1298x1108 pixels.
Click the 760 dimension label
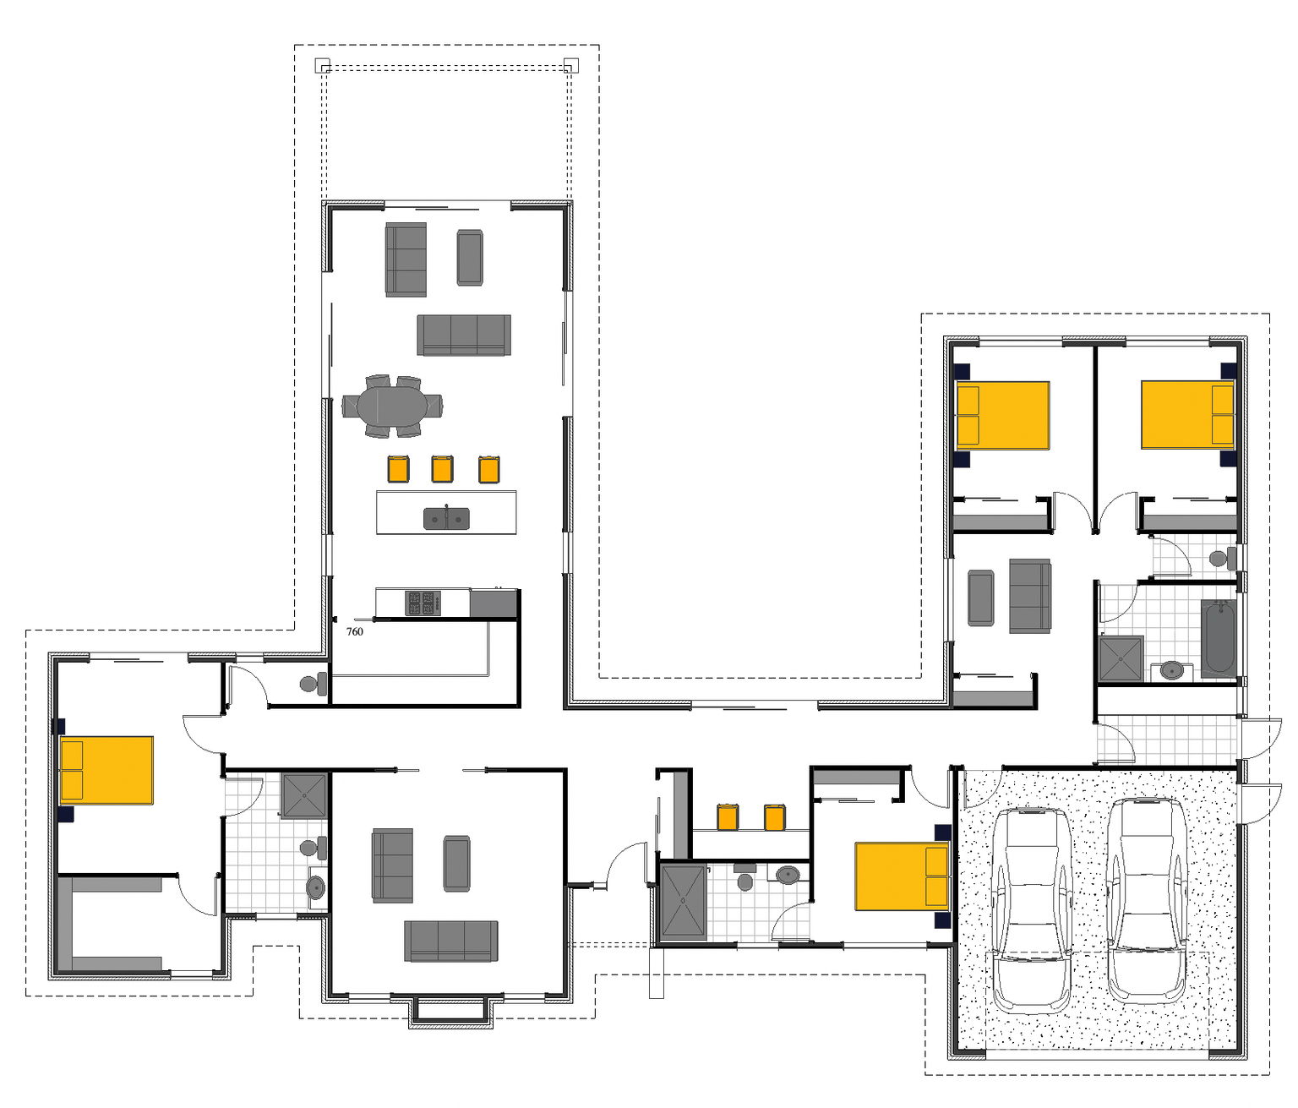tap(355, 632)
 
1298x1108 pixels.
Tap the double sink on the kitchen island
tap(446, 518)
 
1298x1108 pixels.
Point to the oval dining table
tap(391, 407)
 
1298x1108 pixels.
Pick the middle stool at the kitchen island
tap(442, 469)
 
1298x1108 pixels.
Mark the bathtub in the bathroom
tap(1219, 637)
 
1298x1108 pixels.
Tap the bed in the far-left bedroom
tap(106, 770)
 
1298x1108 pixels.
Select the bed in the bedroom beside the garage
tap(902, 876)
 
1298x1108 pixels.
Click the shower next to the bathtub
tap(1121, 658)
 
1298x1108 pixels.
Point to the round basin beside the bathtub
tap(1171, 670)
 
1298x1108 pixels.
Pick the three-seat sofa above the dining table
tap(464, 335)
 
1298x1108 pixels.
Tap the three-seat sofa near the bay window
tap(451, 941)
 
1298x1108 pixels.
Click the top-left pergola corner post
tap(322, 65)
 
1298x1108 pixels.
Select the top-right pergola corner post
tap(571, 65)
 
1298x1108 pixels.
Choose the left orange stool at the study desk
tap(728, 817)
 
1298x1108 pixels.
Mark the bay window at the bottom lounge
tap(451, 1012)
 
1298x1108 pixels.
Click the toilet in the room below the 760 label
tap(313, 684)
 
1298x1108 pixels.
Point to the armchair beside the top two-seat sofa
tap(470, 258)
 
